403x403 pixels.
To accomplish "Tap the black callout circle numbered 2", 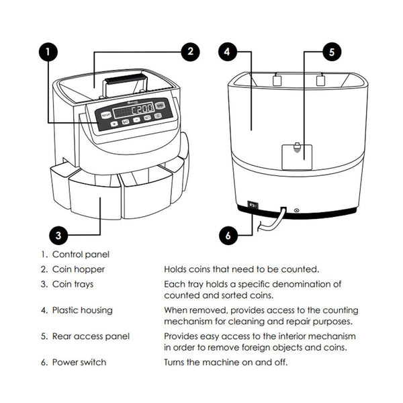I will [x=191, y=51].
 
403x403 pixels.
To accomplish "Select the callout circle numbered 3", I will [x=59, y=234].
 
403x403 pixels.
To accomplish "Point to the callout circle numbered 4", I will [x=228, y=51].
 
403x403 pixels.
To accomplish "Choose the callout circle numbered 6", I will [x=228, y=235].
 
